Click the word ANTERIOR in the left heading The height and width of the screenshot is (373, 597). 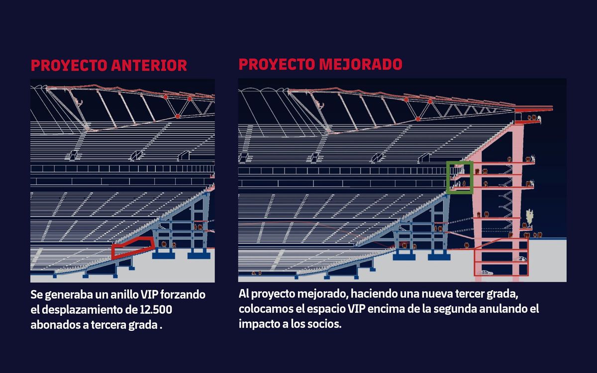[x=149, y=66]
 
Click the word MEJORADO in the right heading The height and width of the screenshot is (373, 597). [x=361, y=65]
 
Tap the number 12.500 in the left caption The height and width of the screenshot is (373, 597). [x=156, y=310]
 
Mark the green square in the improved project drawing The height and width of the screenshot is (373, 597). [x=447, y=178]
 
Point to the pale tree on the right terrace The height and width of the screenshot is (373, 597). [x=529, y=217]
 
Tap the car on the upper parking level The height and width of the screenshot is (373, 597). [x=521, y=259]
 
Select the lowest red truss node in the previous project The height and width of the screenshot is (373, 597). [x=178, y=116]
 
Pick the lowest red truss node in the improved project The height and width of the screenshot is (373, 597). [x=418, y=119]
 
